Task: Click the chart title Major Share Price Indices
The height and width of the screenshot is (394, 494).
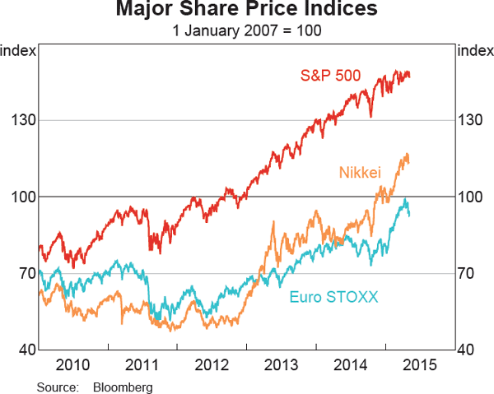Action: pos(246,10)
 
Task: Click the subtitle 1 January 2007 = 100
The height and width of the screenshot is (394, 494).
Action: pos(246,30)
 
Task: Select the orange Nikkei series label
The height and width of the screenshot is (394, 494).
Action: pos(360,172)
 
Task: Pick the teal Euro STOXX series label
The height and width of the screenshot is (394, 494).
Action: pos(333,297)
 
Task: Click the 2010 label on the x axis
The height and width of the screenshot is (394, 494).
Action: pos(73,365)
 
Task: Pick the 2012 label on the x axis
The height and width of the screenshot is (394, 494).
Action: pos(212,365)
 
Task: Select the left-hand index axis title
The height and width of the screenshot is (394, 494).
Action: pos(18,51)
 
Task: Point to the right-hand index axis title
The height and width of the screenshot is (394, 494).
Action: pos(474,51)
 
